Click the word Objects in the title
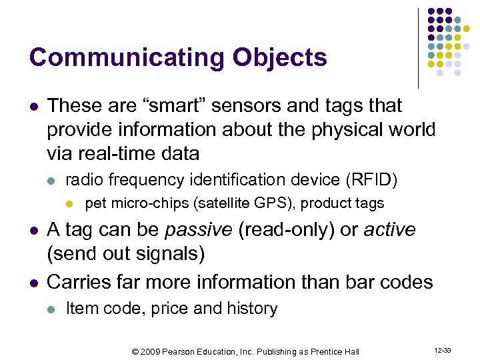[279, 57]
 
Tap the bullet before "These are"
[33, 106]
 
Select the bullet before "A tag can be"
[33, 231]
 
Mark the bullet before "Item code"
[53, 309]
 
